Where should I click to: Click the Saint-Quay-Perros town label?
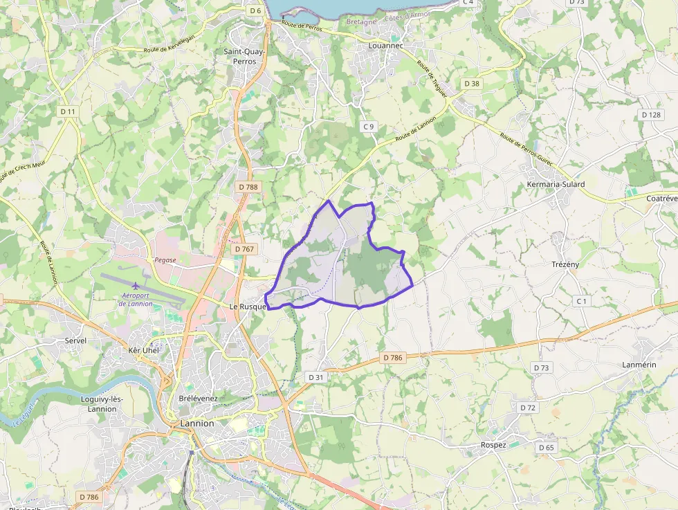coord(240,56)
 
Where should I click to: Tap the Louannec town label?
coord(385,46)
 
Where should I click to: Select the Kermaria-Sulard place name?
coord(556,184)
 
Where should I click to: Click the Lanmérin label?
coord(639,364)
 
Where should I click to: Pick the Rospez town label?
coord(493,445)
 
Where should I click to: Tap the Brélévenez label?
coord(198,399)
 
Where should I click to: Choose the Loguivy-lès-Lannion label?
coord(102,404)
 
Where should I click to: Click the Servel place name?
coord(75,340)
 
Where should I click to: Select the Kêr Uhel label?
coord(144,350)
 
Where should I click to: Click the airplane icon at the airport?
coord(136,285)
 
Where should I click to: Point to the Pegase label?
coord(165,259)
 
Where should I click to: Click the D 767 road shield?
coord(244,248)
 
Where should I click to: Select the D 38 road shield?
coord(471,83)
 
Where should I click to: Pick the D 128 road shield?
coord(651,114)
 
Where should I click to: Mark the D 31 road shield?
coord(315,376)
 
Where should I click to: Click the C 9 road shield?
coord(369,126)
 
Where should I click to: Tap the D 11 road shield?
coord(68,111)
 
